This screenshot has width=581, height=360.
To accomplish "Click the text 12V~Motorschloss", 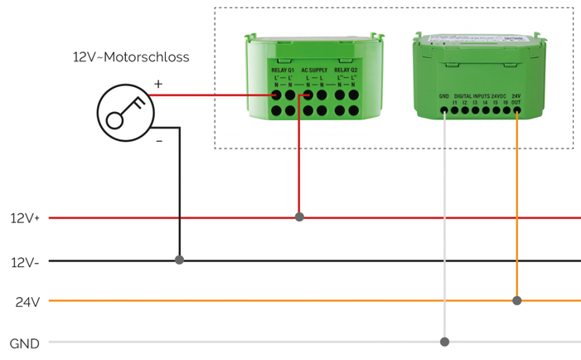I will click(x=130, y=57).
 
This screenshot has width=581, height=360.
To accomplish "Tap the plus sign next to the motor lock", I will click(x=158, y=84).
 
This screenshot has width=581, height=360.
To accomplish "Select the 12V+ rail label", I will click(x=24, y=218).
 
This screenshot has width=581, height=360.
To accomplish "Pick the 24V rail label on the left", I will click(x=27, y=301).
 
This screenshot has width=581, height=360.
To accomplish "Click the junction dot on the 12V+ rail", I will click(x=299, y=217).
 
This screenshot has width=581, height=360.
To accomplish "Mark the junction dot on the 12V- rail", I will click(x=179, y=260).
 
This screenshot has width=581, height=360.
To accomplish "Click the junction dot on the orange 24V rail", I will click(x=517, y=300).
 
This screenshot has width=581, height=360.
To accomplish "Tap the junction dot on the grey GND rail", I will click(x=445, y=342).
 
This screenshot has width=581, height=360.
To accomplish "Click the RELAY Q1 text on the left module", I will click(x=283, y=70).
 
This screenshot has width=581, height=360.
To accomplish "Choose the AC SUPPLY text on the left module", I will click(x=314, y=70).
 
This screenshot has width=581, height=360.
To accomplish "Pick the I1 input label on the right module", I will click(x=455, y=103).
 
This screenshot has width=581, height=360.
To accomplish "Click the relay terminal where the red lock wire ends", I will click(x=276, y=95).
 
